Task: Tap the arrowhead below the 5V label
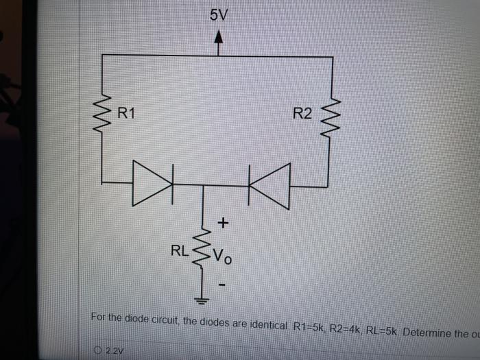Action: pos(218,40)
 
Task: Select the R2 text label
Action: pos(302,114)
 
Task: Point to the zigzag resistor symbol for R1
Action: pos(104,113)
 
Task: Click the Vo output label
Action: pos(223,257)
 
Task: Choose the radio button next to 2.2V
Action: pos(99,351)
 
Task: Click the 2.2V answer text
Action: pos(112,351)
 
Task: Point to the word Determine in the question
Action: pos(427,333)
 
